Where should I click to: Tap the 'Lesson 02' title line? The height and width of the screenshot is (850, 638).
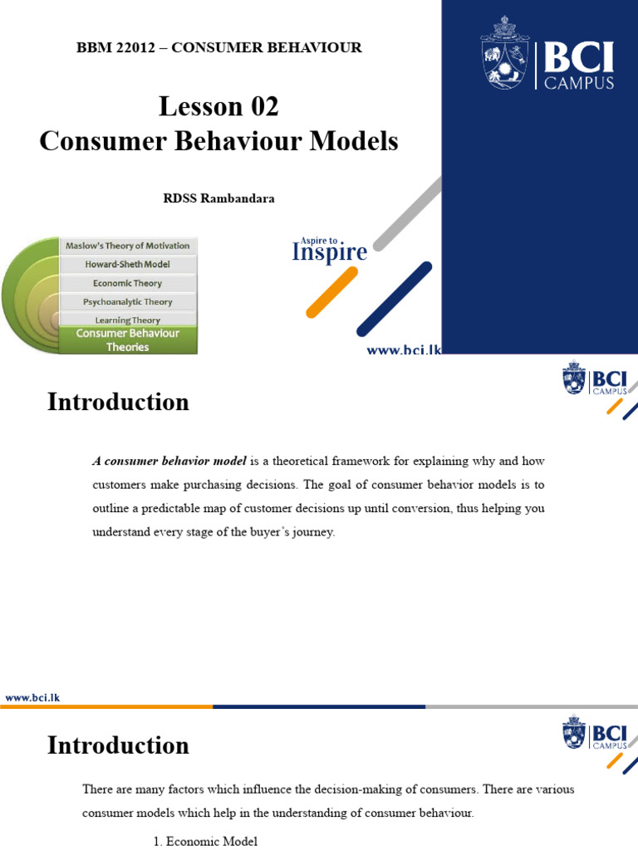(218, 106)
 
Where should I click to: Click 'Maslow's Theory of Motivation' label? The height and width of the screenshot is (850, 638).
(127, 246)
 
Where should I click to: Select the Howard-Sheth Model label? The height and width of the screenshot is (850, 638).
(127, 265)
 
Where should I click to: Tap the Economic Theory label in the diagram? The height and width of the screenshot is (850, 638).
(127, 284)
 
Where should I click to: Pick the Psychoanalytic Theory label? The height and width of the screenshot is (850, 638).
(127, 302)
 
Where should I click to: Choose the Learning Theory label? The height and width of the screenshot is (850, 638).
(127, 320)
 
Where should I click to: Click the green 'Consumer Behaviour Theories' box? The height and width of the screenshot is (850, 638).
(128, 340)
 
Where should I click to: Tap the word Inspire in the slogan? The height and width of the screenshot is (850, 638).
(329, 252)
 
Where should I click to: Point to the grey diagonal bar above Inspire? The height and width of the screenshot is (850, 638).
(407, 214)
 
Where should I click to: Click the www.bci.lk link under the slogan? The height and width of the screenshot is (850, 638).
(404, 351)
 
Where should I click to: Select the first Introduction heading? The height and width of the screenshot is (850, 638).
(118, 402)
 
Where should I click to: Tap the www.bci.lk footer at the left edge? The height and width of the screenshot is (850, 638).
(32, 698)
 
